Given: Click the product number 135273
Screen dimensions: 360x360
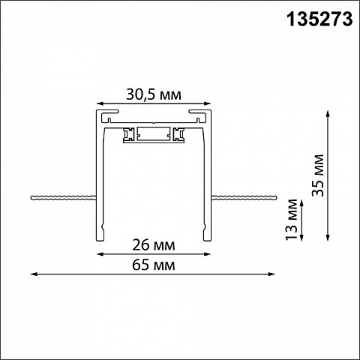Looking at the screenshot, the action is (x=319, y=19).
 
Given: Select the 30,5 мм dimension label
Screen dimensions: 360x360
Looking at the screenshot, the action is (x=154, y=94).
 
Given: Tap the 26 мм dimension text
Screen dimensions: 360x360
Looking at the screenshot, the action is (x=154, y=245).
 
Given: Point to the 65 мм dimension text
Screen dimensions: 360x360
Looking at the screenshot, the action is (x=154, y=265).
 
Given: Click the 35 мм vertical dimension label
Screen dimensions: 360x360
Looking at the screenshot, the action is (x=318, y=175).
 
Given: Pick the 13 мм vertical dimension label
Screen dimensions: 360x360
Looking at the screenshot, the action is (x=292, y=219).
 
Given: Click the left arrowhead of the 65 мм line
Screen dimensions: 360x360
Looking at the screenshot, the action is (x=34, y=274).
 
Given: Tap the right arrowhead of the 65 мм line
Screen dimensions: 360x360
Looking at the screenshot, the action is (x=271, y=274).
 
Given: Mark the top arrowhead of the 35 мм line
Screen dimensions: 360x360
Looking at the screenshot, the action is (x=328, y=113).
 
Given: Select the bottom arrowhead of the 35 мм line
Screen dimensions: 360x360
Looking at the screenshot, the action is (x=328, y=238).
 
